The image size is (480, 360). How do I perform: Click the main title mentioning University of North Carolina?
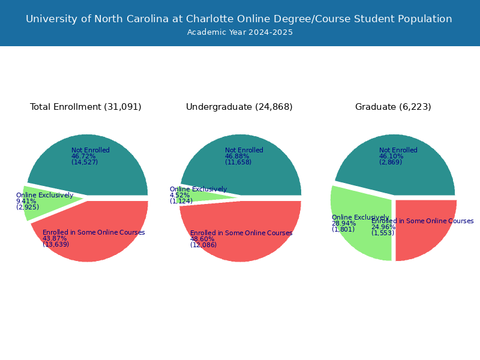coord(239,19)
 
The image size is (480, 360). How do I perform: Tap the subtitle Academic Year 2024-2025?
coord(239,32)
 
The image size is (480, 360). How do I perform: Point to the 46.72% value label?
coord(83,156)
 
